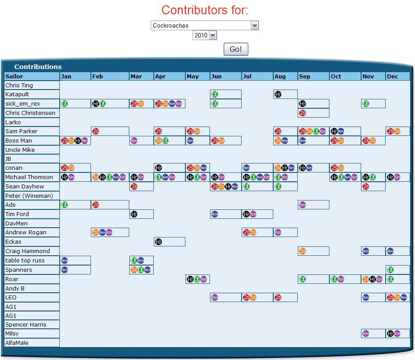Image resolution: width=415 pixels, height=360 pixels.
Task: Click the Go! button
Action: [x=235, y=49]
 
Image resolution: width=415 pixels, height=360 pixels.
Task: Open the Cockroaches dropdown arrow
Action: [x=255, y=25]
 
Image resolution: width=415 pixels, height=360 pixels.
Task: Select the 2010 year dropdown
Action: [x=205, y=35]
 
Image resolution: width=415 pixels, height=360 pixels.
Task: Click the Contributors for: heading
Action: [x=205, y=10]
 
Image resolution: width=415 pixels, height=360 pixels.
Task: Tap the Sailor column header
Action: [x=14, y=76]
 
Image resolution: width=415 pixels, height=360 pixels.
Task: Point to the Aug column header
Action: [x=280, y=76]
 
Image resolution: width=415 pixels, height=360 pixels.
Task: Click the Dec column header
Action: [x=392, y=76]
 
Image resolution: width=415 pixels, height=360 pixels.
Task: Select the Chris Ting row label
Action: [x=19, y=85]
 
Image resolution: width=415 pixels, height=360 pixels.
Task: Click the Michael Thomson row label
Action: [x=29, y=177]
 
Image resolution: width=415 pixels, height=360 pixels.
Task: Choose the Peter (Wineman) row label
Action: [x=29, y=196]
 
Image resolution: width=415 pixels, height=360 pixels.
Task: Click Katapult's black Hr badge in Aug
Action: [x=278, y=94]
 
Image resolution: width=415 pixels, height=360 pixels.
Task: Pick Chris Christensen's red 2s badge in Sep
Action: [x=303, y=113]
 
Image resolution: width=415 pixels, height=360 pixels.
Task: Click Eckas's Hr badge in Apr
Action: [x=158, y=242]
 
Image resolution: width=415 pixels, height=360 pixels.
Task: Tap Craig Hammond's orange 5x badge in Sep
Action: [x=303, y=251]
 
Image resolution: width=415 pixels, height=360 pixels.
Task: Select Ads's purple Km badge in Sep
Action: [x=303, y=205]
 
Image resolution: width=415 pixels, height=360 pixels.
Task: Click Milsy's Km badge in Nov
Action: [x=366, y=334]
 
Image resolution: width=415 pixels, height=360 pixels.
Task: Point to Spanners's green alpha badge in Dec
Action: [x=390, y=270]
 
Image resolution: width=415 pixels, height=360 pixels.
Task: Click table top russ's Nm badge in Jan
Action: [x=64, y=260]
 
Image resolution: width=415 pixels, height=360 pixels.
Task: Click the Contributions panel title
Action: [x=38, y=67]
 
